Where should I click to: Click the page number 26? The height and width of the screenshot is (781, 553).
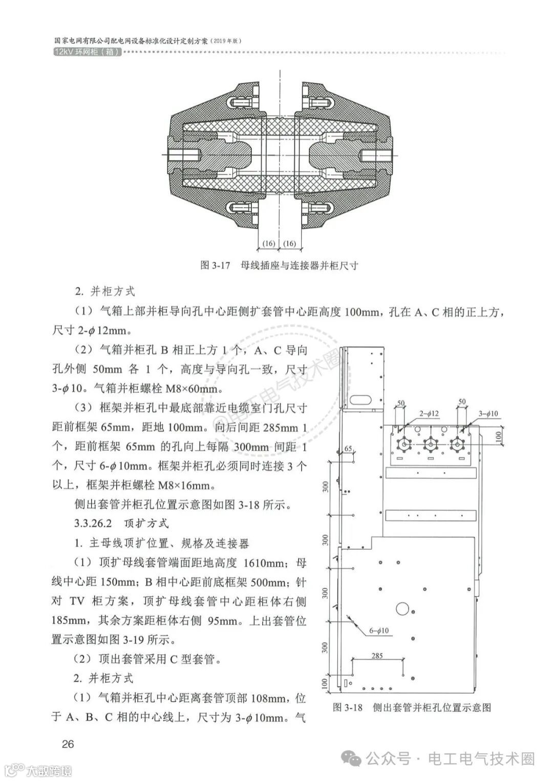pyautogui.click(x=68, y=744)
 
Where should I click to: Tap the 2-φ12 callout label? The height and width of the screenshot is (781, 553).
pyautogui.click(x=429, y=413)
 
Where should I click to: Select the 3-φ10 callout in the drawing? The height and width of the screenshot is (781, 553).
pyautogui.click(x=488, y=413)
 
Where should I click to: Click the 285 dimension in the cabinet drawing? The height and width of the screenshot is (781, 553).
pyautogui.click(x=377, y=656)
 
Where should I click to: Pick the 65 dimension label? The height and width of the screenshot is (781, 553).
pyautogui.click(x=348, y=449)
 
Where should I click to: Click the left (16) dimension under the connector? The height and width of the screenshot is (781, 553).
pyautogui.click(x=269, y=243)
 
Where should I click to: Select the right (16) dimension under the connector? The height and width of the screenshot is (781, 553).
pyautogui.click(x=289, y=243)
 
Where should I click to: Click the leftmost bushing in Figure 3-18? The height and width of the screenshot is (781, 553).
pyautogui.click(x=405, y=445)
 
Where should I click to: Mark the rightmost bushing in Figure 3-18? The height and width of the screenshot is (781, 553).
pyautogui.click(x=455, y=445)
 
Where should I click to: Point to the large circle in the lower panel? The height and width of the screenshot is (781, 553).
pyautogui.click(x=403, y=609)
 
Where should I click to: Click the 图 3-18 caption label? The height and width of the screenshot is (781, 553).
pyautogui.click(x=348, y=707)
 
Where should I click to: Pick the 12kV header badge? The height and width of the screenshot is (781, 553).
pyautogui.click(x=87, y=52)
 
